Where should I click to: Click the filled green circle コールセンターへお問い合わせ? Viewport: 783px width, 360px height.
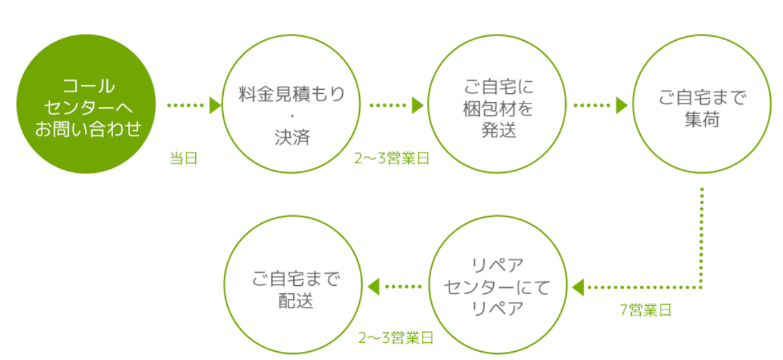pos(86,104)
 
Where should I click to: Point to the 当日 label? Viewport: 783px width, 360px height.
pos(184,159)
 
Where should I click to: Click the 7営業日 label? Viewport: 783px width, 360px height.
pos(646,310)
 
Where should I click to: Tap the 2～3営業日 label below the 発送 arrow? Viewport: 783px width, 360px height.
pos(392,159)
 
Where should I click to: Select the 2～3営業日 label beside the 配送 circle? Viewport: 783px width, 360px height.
pos(396,338)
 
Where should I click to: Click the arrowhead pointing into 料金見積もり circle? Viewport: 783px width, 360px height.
pos(215,105)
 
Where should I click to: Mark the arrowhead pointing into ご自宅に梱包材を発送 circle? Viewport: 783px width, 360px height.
pos(418,105)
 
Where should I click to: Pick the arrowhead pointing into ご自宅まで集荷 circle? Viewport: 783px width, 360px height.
pos(622,105)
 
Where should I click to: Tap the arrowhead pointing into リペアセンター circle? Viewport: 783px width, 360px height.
pos(578,287)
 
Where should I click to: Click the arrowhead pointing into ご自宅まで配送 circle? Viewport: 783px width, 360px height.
pos(373,287)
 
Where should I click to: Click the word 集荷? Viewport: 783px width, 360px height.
pos(701,120)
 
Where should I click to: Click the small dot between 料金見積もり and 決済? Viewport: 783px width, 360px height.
pos(292,119)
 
